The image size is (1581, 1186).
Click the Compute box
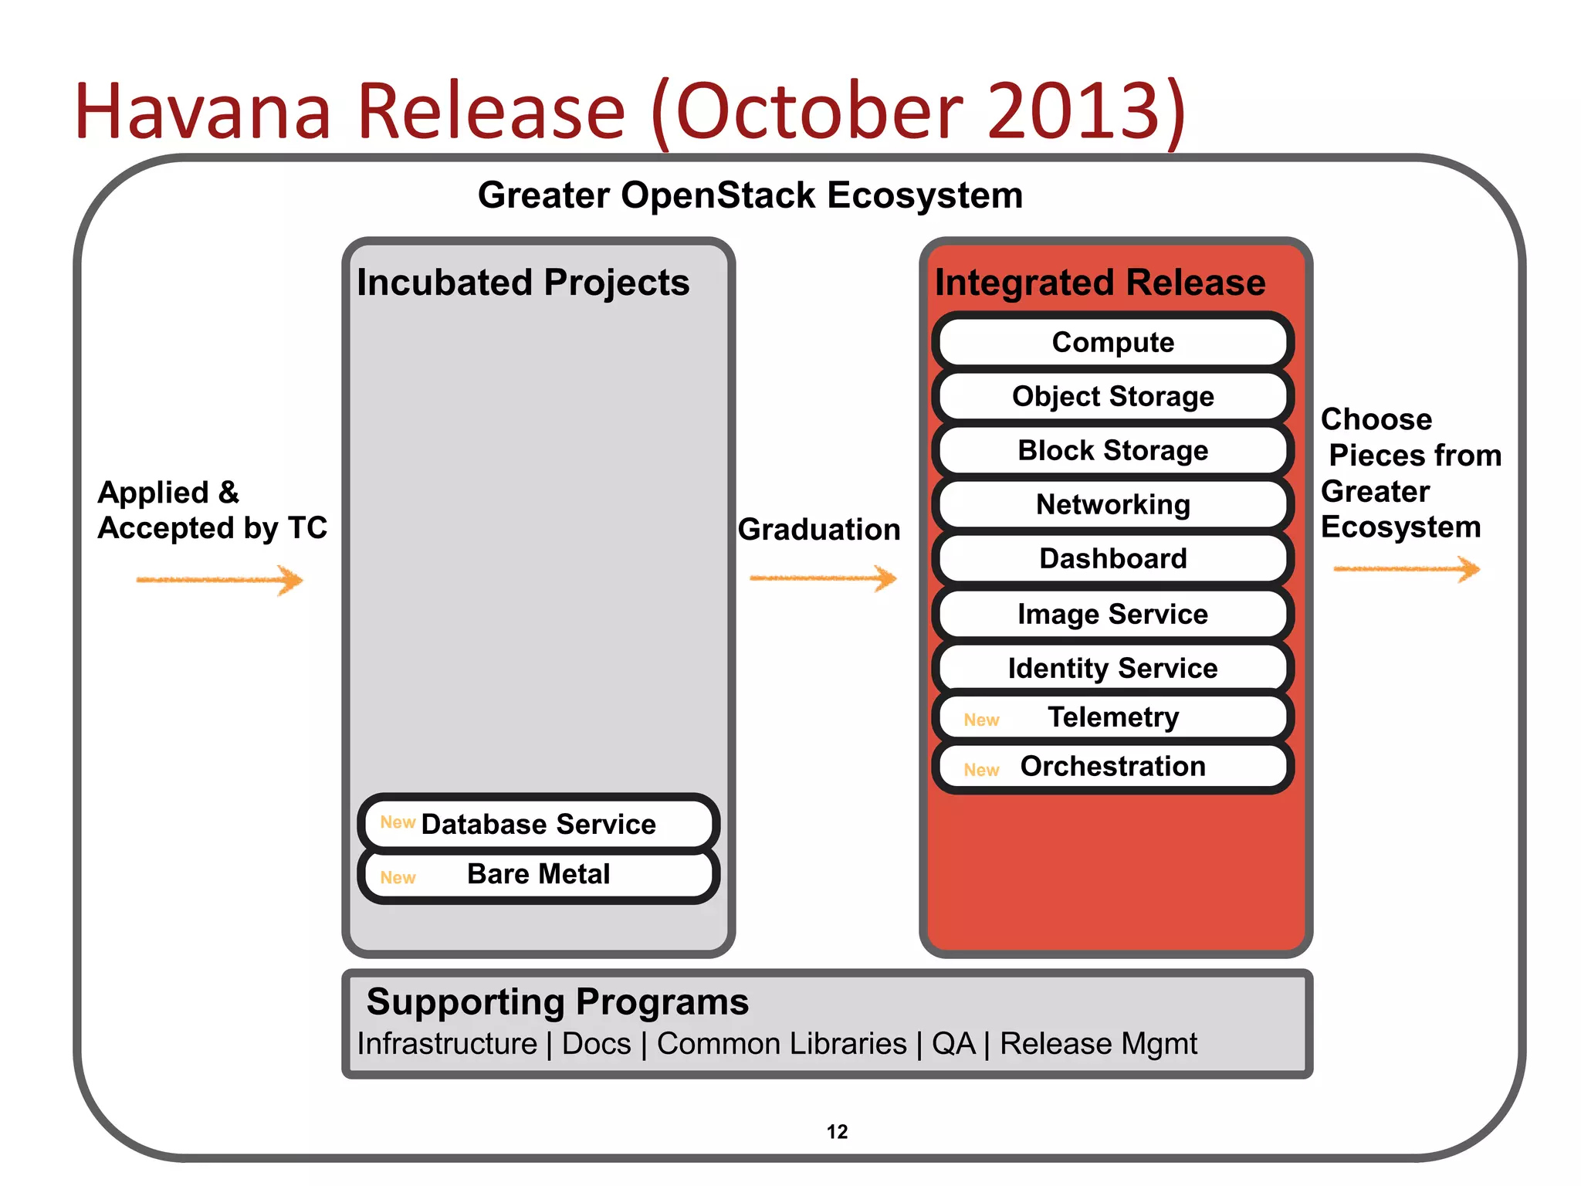pyautogui.click(x=1112, y=342)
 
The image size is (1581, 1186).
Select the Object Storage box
pyautogui.click(x=1112, y=396)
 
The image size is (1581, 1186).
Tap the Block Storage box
pyautogui.click(x=1112, y=450)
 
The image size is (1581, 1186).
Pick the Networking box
pyautogui.click(x=1112, y=504)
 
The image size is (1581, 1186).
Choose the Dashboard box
pyautogui.click(x=1112, y=558)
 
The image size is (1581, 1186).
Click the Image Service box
pyautogui.click(x=1112, y=614)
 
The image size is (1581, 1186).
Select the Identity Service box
pyautogui.click(x=1112, y=668)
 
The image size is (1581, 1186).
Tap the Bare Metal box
pyautogui.click(x=538, y=874)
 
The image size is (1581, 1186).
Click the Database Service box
pyautogui.click(x=538, y=824)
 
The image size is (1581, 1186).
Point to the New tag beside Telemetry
pyautogui.click(x=981, y=720)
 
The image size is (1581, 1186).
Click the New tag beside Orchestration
pyautogui.click(x=981, y=770)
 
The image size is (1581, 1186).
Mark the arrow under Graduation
pyautogui.click(x=823, y=578)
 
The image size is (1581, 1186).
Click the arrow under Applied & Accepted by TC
pyautogui.click(x=220, y=580)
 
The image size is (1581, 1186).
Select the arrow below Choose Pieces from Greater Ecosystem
pyautogui.click(x=1407, y=570)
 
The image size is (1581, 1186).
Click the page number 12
pyautogui.click(x=837, y=1132)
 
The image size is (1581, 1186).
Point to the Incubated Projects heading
pyautogui.click(x=523, y=283)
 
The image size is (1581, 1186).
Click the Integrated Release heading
pyautogui.click(x=1100, y=283)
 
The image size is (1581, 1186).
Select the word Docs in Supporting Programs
pyautogui.click(x=596, y=1044)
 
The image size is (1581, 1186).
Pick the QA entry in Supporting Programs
pyautogui.click(x=953, y=1044)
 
